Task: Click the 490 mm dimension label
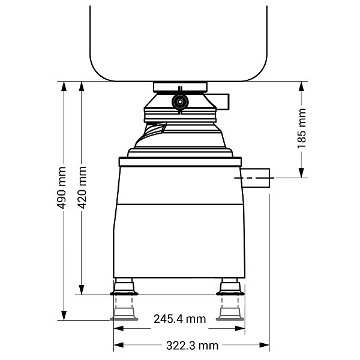point(62,188)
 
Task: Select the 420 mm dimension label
point(82,187)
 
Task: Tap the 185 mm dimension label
point(302,128)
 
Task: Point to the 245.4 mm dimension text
point(180,319)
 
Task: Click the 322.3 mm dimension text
point(192,346)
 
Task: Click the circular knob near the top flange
point(180,101)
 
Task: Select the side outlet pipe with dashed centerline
point(255,178)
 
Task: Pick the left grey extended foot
point(124,314)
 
